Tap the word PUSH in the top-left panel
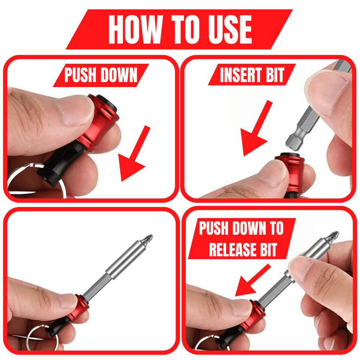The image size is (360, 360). pyautogui.click(x=81, y=76)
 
